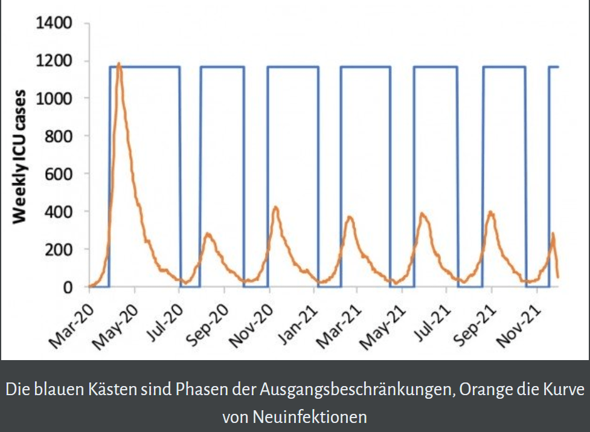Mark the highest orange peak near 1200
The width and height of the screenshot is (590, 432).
119,63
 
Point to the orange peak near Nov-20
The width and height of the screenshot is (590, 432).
275,208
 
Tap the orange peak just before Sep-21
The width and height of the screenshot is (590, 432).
491,212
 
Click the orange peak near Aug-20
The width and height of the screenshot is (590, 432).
208,234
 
